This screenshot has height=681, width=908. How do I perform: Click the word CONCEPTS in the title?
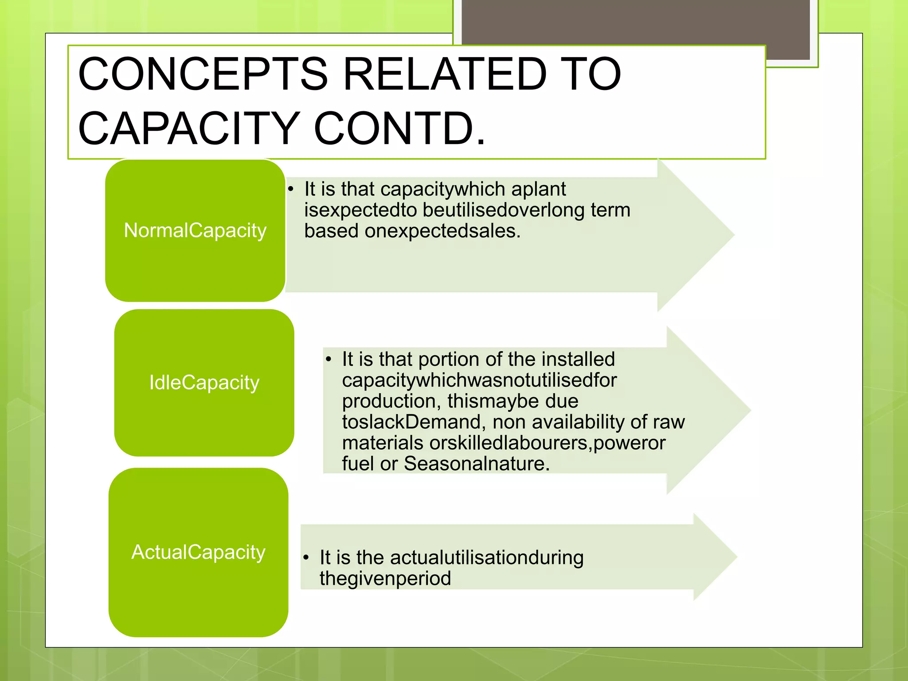click(203, 74)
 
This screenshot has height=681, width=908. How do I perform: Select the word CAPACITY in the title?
click(189, 129)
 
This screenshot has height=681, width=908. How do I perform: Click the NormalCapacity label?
click(195, 231)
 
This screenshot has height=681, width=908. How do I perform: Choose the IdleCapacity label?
click(204, 383)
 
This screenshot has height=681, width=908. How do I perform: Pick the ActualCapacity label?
click(198, 552)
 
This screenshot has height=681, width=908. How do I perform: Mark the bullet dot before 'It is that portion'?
click(329, 360)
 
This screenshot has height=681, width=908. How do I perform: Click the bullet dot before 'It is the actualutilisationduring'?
click(306, 558)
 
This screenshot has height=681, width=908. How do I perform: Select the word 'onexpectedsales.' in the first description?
click(442, 231)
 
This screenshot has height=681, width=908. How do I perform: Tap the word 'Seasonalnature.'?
click(477, 464)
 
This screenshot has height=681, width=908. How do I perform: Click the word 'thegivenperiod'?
click(385, 579)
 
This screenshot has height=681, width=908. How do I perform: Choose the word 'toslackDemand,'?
click(411, 422)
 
